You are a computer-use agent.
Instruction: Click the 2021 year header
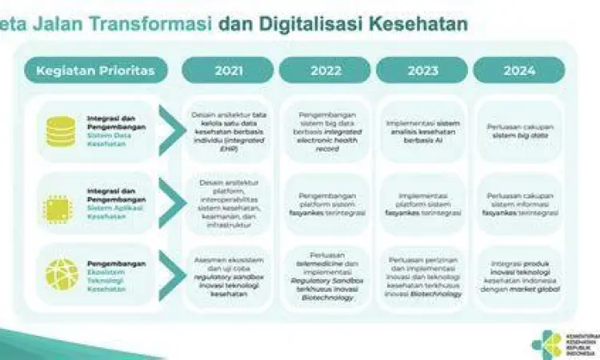pyautogui.click(x=228, y=70)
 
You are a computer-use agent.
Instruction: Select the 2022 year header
pyautogui.click(x=325, y=70)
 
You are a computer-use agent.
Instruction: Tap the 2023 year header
pyautogui.click(x=422, y=70)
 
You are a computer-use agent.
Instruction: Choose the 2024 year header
pyautogui.click(x=518, y=70)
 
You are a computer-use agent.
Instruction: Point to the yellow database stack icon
pyautogui.click(x=61, y=131)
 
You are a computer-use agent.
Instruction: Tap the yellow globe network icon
pyautogui.click(x=61, y=274)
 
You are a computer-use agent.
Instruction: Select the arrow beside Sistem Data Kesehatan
pyautogui.click(x=170, y=130)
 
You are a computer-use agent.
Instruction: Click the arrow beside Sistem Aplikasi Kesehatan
pyautogui.click(x=170, y=204)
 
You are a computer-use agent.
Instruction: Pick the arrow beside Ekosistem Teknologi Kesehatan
pyautogui.click(x=170, y=274)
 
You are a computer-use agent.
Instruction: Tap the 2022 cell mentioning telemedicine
pyautogui.click(x=325, y=276)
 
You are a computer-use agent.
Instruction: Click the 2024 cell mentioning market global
pyautogui.click(x=518, y=276)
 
